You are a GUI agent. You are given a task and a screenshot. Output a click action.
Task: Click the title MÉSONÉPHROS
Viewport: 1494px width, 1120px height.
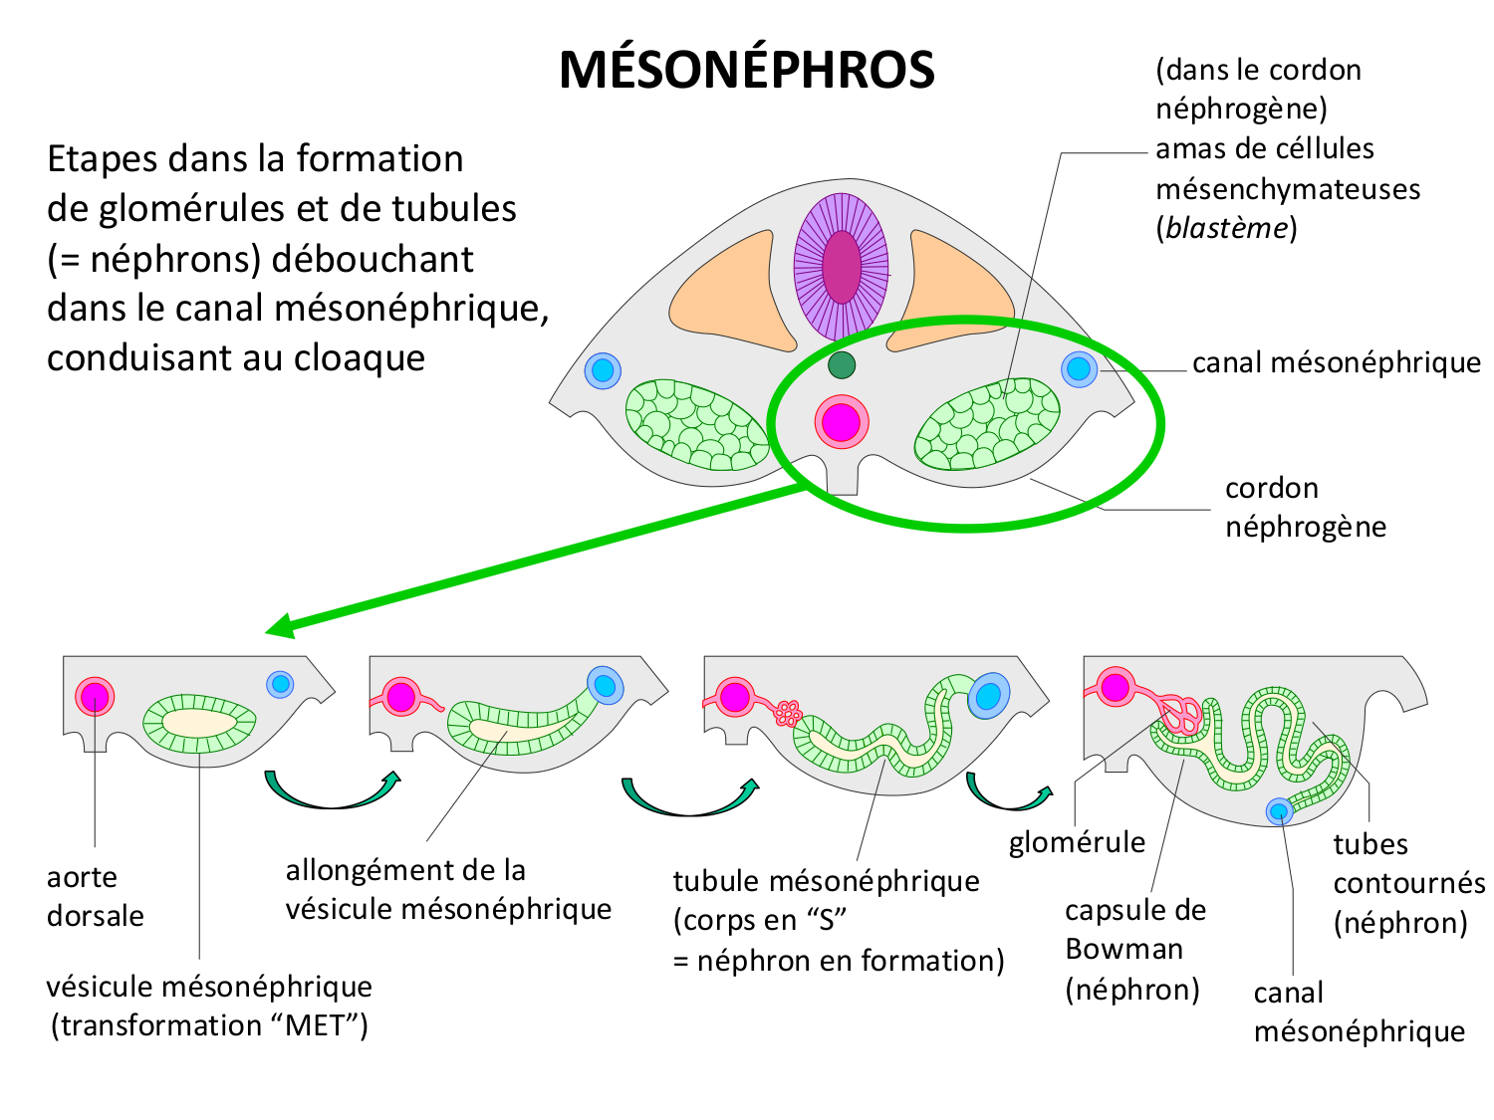tap(746, 70)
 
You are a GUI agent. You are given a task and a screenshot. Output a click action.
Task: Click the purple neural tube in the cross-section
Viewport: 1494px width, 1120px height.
tap(842, 267)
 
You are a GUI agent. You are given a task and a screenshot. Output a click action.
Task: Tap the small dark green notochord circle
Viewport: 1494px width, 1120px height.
tap(842, 365)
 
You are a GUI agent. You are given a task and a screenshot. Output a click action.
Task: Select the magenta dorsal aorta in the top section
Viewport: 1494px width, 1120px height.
tap(842, 421)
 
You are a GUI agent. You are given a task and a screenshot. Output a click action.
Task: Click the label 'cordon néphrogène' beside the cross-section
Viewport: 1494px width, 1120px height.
tap(1305, 507)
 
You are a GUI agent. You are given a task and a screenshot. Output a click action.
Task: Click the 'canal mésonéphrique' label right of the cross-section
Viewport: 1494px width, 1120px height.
tap(1336, 362)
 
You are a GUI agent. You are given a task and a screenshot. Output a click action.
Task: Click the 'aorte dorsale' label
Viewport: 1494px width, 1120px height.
tap(96, 896)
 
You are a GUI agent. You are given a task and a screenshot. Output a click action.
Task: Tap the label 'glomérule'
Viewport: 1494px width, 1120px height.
tap(1077, 842)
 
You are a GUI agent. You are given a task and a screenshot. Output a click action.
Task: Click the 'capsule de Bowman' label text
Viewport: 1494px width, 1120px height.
tap(1135, 949)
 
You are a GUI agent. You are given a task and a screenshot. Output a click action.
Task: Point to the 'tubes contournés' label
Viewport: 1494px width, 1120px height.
tap(1407, 883)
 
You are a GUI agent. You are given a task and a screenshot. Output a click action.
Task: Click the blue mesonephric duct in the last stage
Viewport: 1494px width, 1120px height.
tap(1279, 811)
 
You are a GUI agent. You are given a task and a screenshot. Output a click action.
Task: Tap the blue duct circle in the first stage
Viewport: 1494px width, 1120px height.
tap(281, 684)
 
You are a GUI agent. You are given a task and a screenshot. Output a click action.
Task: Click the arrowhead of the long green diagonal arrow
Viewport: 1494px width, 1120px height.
tap(279, 628)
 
